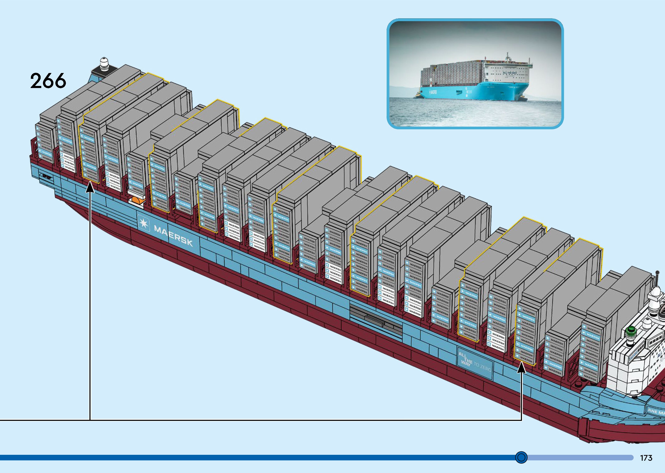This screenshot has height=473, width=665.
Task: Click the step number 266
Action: point(48,81)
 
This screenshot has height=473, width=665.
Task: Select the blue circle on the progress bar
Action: point(521,457)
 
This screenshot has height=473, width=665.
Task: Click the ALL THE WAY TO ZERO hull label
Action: point(475,363)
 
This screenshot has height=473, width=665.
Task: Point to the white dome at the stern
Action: point(104,62)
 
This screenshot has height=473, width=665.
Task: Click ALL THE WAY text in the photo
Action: point(509,73)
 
